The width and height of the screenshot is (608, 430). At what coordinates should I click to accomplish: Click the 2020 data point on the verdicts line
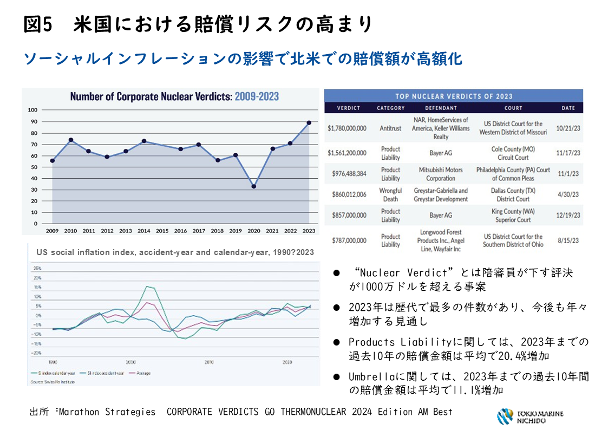[x=254, y=186]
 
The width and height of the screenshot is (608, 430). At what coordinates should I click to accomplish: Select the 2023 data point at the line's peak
[x=309, y=123]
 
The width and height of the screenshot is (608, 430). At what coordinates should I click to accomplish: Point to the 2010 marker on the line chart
[x=71, y=140]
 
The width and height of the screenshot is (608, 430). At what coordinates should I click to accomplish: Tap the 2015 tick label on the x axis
[x=162, y=231]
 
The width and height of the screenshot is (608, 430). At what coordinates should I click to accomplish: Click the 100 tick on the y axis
[x=32, y=110]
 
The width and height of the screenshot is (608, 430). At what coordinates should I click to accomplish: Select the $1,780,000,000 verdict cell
[x=347, y=128]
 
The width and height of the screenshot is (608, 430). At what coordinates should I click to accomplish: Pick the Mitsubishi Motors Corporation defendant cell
[x=441, y=174]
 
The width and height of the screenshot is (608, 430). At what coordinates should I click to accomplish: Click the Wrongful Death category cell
[x=390, y=194]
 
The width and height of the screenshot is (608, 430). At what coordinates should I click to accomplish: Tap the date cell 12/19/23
[x=568, y=215]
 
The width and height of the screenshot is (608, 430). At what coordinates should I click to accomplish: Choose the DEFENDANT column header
[x=441, y=108]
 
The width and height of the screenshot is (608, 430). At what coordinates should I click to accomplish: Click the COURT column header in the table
[x=513, y=108]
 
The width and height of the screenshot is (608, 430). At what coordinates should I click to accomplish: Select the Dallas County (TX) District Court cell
[x=513, y=194]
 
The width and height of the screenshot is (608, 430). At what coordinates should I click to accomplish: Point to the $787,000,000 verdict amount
[x=347, y=240]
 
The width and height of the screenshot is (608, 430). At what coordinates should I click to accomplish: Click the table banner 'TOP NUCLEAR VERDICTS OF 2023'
[x=453, y=96]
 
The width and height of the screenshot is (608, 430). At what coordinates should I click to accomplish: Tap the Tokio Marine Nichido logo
[x=530, y=416]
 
